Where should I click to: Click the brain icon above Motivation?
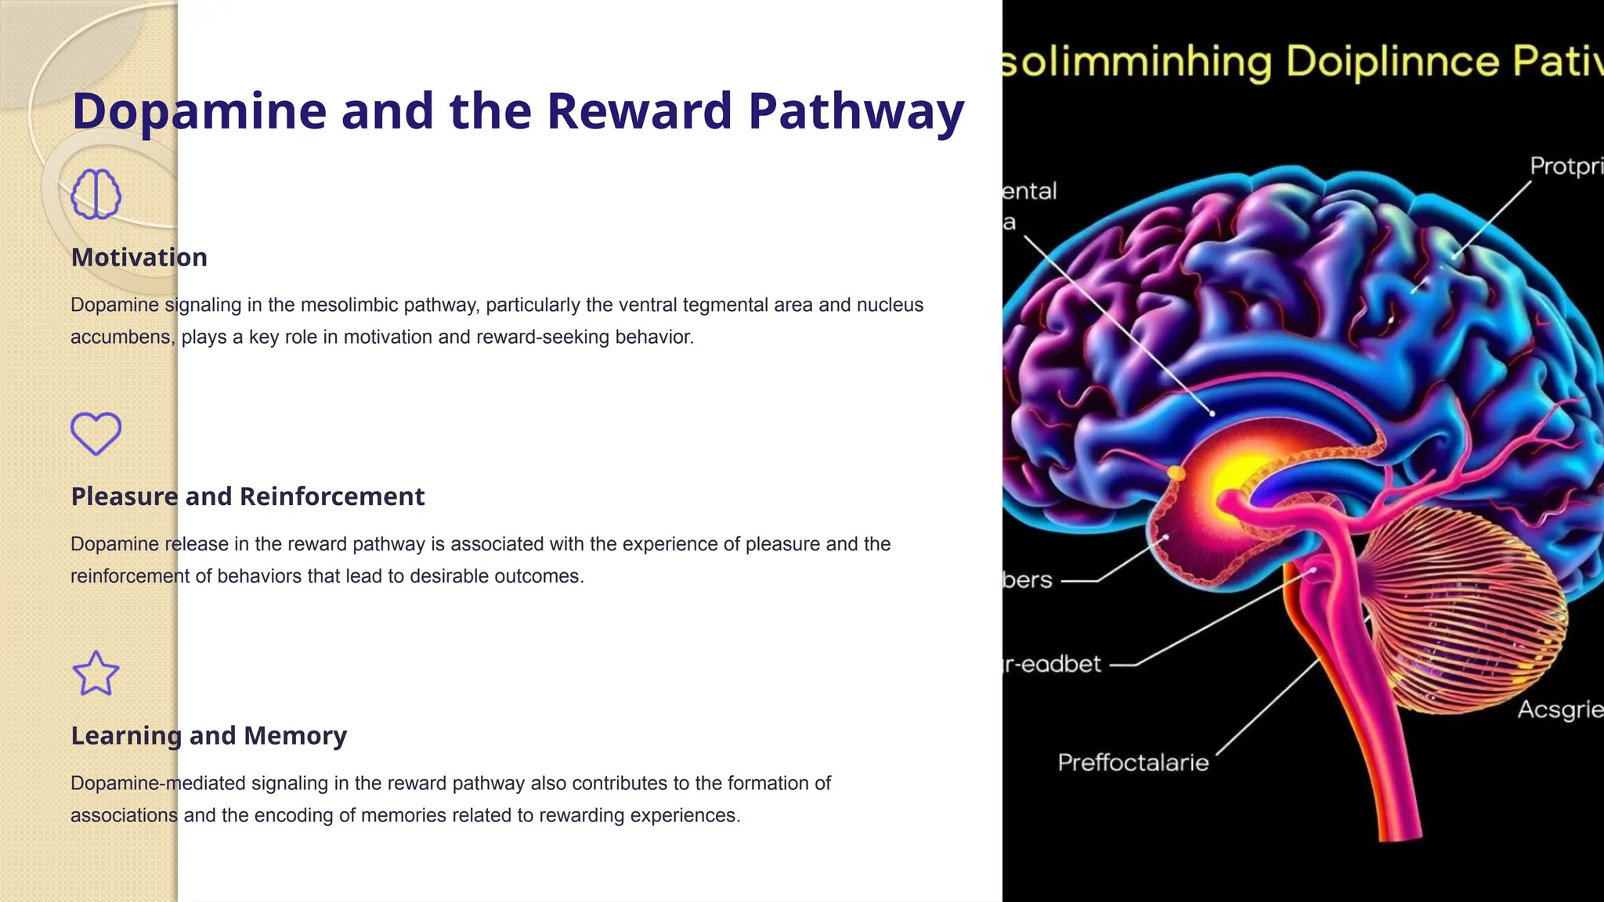(96, 193)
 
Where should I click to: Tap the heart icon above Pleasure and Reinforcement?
(96, 433)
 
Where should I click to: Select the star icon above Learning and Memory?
(96, 673)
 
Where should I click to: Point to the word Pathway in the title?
(856, 111)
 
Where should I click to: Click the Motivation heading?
(139, 258)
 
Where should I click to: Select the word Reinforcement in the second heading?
(331, 496)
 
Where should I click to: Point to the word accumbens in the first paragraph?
(121, 337)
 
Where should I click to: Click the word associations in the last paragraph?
(124, 815)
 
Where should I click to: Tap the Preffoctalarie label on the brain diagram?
(1133, 763)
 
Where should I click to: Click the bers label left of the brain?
(1028, 580)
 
